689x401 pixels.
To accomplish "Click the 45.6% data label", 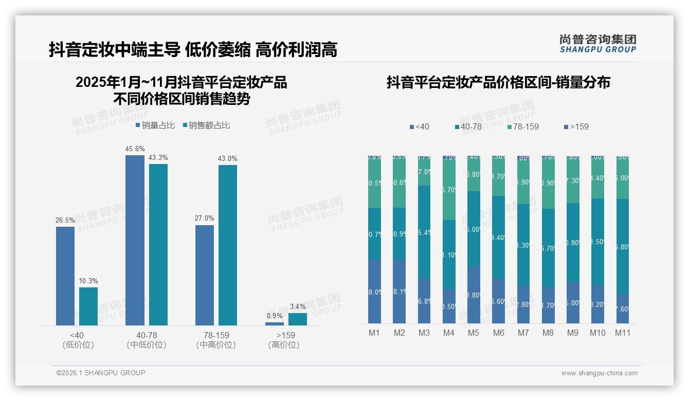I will [x=135, y=149].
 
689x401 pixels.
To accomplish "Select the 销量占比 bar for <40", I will [x=65, y=276].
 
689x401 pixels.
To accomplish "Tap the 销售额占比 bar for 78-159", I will [x=227, y=245].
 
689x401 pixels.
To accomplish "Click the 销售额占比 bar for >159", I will [x=297, y=319].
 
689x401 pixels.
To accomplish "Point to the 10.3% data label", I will [x=88, y=281].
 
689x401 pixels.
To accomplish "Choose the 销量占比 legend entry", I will [x=155, y=125].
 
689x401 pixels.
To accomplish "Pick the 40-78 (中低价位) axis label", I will [x=147, y=340].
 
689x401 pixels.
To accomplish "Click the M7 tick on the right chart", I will [x=523, y=333].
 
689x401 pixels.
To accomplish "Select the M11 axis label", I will [x=623, y=333].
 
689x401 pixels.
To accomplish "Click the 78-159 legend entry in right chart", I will [x=523, y=126].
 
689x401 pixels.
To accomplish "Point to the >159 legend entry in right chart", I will [x=576, y=126].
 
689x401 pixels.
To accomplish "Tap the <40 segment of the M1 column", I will [x=374, y=291].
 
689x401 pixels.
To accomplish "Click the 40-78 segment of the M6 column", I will [x=498, y=238].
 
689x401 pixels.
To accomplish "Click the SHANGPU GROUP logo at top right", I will [x=597, y=44].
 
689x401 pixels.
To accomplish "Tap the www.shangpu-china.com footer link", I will [x=599, y=373].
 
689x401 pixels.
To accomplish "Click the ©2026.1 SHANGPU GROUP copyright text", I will [x=101, y=373].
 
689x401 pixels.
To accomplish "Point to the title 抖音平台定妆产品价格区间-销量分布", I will [x=498, y=83].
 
